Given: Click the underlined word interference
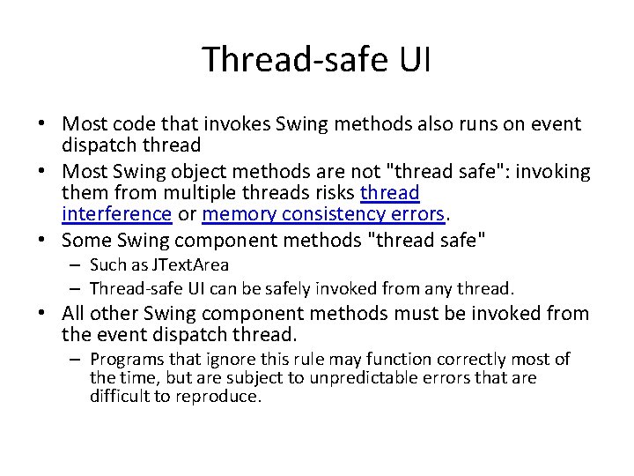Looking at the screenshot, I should (x=116, y=213).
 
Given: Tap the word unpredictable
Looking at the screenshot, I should (x=368, y=377).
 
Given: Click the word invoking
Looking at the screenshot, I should (x=552, y=171).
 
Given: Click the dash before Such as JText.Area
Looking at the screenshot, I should (x=77, y=264).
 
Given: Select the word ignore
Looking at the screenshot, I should (x=235, y=359).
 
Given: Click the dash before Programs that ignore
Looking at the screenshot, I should (x=77, y=359).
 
